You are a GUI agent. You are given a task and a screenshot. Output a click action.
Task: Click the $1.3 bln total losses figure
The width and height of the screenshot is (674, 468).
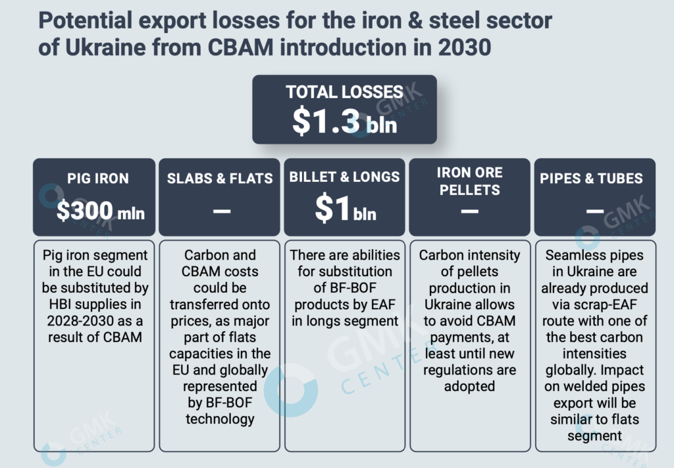pyautogui.click(x=344, y=121)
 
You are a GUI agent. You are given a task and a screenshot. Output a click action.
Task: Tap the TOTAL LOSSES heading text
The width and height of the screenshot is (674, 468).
pyautogui.click(x=344, y=92)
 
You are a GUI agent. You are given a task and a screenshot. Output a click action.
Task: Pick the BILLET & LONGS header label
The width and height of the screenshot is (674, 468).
pyautogui.click(x=344, y=177)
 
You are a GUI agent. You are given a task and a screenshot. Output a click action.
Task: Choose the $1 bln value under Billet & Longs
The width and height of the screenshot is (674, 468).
pyautogui.click(x=345, y=210)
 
